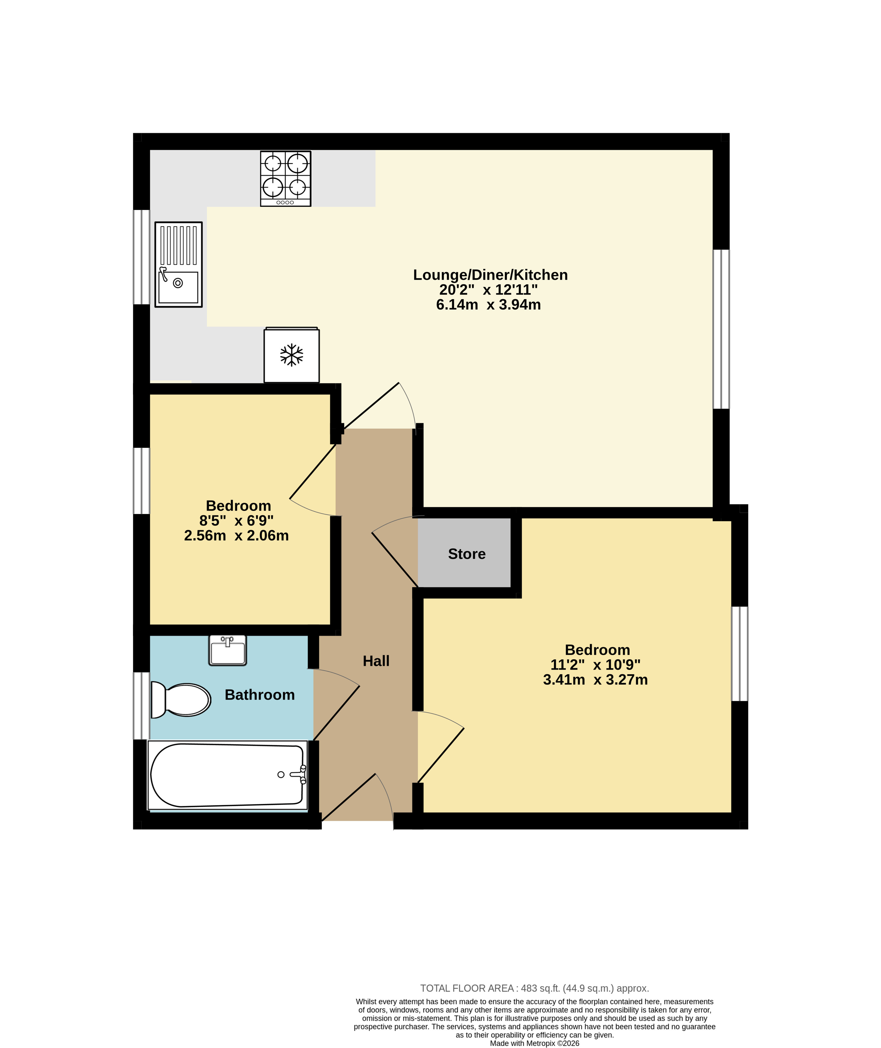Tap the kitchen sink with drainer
click(178, 264)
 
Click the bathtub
click(228, 775)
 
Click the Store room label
click(466, 554)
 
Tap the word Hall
click(376, 661)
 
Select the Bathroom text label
click(260, 694)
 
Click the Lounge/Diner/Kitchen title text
click(490, 275)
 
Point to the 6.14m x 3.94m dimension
click(488, 305)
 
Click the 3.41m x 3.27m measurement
click(595, 680)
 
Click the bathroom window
click(141, 706)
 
